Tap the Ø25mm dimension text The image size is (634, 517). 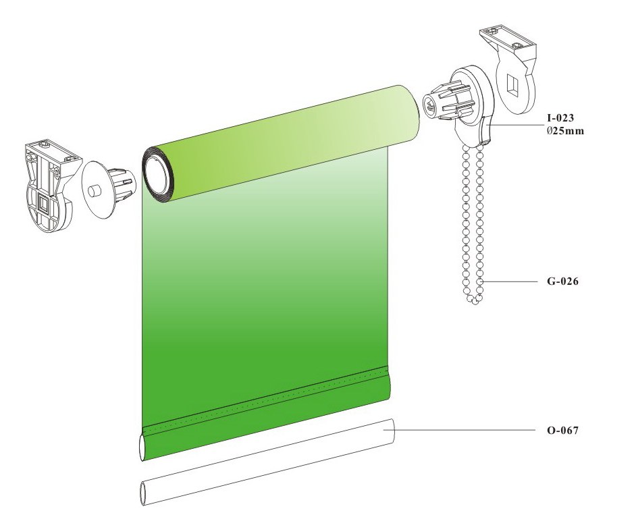(x=565, y=131)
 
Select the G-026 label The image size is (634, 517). (x=562, y=281)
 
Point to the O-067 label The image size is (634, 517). (x=562, y=430)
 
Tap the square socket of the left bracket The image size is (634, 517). (x=43, y=204)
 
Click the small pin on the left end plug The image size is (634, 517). (x=95, y=190)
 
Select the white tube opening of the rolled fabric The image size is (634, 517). (x=156, y=176)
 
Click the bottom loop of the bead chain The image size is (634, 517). (x=474, y=299)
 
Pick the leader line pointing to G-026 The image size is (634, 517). (x=510, y=281)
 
